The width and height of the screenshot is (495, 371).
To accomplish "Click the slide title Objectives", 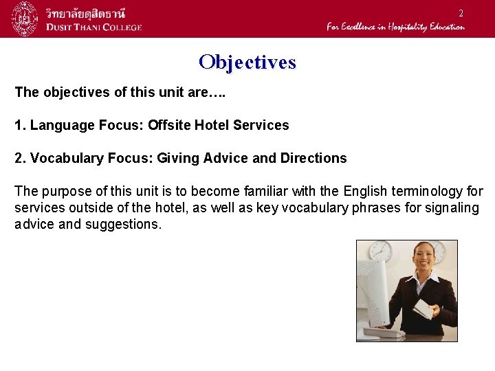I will pos(247,63).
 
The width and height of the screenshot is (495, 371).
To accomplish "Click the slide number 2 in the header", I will pos(461,14).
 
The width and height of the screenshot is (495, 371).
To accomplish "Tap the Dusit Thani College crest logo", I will pos(24,19).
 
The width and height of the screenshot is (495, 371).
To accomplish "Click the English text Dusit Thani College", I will pos(94,27).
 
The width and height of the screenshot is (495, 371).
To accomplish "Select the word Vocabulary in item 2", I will pos(65,158).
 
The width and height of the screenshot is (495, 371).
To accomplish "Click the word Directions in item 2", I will pos(313,158).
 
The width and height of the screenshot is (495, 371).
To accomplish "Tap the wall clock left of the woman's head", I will pos(379,251).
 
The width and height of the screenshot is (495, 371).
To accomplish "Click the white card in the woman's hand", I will pos(423,310).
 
